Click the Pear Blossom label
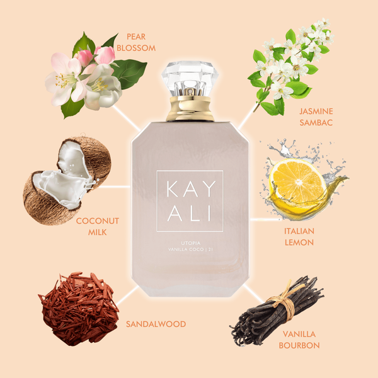(x=136, y=42)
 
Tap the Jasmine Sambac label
(x=316, y=117)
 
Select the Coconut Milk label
(x=98, y=226)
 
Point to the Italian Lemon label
(x=299, y=237)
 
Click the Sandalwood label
(x=156, y=324)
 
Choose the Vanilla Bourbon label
(x=299, y=340)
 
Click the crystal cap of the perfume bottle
(x=190, y=78)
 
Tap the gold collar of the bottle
(x=190, y=108)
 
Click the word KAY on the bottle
(x=191, y=189)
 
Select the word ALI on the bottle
(x=190, y=214)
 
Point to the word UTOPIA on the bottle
(x=190, y=243)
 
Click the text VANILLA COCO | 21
(x=190, y=249)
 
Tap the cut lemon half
(x=298, y=181)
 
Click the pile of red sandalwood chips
(x=78, y=309)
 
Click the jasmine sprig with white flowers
(x=290, y=66)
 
